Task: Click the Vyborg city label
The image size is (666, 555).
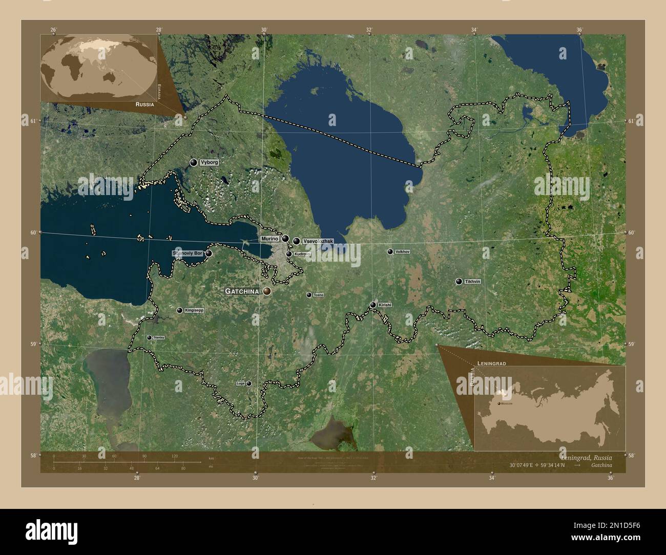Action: pyautogui.click(x=209, y=162)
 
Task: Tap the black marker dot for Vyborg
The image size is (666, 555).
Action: pyautogui.click(x=194, y=162)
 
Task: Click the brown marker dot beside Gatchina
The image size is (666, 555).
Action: pyautogui.click(x=267, y=291)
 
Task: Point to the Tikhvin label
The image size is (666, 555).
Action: pyautogui.click(x=472, y=282)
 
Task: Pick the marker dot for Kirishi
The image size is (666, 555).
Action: pyautogui.click(x=373, y=305)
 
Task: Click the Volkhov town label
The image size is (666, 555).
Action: pyautogui.click(x=403, y=251)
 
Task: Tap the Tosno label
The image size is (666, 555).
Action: pyautogui.click(x=318, y=295)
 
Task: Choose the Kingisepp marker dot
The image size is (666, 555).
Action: pyautogui.click(x=180, y=310)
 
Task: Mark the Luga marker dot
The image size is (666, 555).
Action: pyautogui.click(x=249, y=383)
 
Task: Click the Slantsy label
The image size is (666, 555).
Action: pyautogui.click(x=158, y=337)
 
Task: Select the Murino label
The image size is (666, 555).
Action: pyautogui.click(x=269, y=239)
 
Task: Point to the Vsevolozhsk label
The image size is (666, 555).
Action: pyautogui.click(x=318, y=241)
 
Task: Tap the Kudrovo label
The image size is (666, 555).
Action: pyautogui.click(x=302, y=254)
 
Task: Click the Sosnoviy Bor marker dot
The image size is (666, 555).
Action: pyautogui.click(x=209, y=253)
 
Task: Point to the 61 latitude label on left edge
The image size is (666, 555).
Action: pyautogui.click(x=33, y=121)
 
